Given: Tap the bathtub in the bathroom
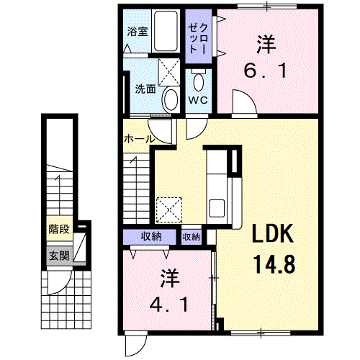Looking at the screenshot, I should (x=164, y=32).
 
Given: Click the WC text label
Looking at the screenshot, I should (x=198, y=100).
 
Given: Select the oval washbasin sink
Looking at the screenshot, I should (x=171, y=98).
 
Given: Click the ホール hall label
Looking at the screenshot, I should (x=138, y=138).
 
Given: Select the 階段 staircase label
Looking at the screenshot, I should (x=58, y=230).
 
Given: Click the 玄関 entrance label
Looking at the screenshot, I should (x=58, y=255).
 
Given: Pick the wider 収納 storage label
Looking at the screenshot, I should (x=150, y=236).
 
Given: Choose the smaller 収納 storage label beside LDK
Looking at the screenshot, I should (x=191, y=236).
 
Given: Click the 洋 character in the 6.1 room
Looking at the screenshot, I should (x=265, y=45).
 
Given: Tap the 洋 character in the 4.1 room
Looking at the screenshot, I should (x=169, y=277).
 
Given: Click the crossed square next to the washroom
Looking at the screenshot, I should (x=170, y=71).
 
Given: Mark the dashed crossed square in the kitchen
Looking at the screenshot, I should (x=170, y=210).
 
